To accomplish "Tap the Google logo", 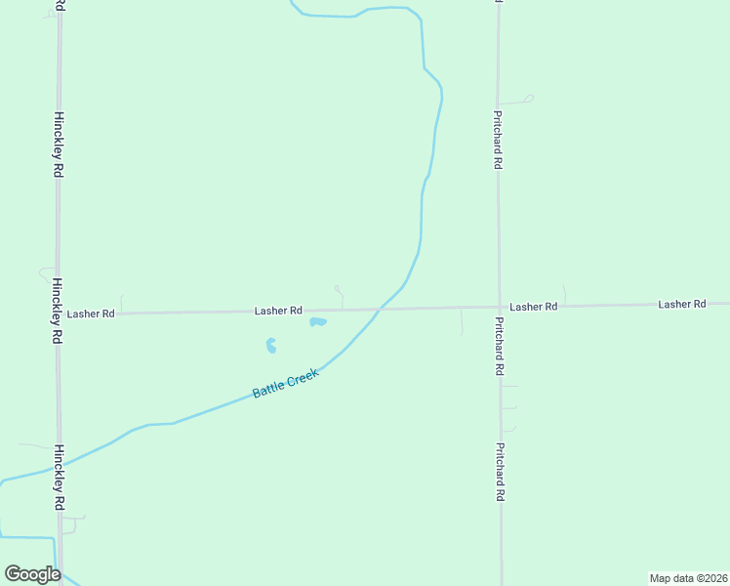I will click(32, 574).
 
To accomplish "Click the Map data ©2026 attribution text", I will click(688, 578).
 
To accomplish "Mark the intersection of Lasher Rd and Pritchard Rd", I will click(499, 307).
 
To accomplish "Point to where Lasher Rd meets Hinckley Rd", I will click(59, 314).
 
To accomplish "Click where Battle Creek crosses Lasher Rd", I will click(381, 309).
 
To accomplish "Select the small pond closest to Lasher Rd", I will click(318, 321).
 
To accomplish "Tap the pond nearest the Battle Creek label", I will click(271, 346).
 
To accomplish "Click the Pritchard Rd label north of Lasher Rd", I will click(497, 140).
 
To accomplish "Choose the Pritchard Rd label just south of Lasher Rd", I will click(499, 347).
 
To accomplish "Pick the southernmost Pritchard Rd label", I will click(500, 473).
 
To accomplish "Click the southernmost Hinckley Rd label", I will click(60, 477).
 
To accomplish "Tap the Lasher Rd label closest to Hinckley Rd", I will click(91, 314).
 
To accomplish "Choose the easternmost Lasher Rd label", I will click(681, 305).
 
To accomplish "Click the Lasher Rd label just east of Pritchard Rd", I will click(533, 307).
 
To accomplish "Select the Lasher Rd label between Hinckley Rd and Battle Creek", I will click(278, 311).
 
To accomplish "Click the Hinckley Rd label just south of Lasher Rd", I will click(59, 310).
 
